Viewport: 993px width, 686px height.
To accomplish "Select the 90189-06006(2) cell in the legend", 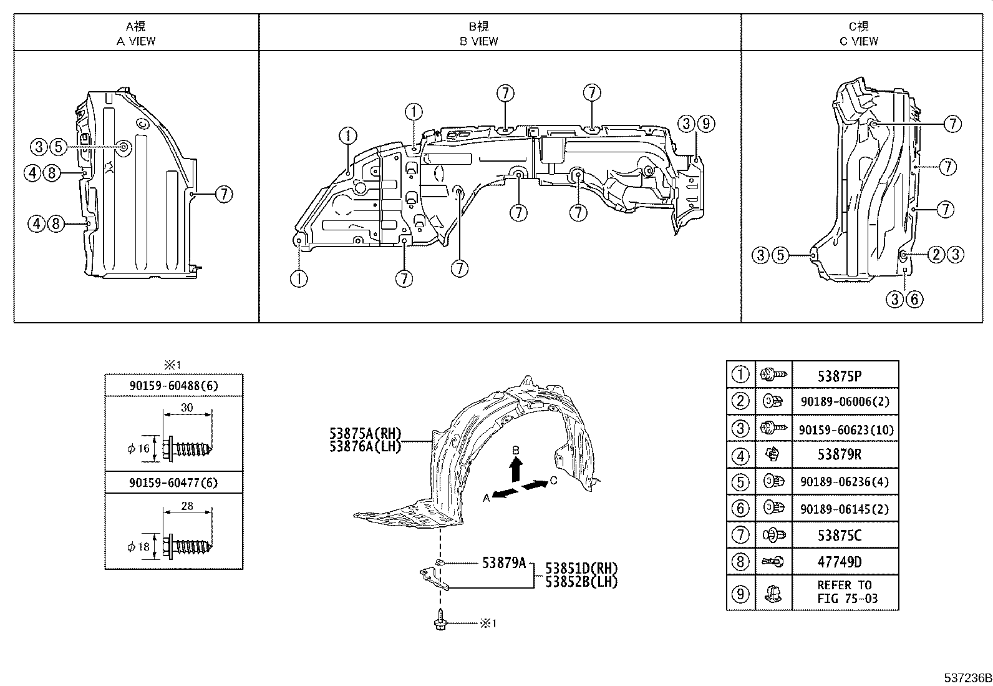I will click(845, 402).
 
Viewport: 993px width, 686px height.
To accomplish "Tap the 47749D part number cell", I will click(839, 562).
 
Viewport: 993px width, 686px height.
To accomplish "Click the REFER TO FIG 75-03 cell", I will click(845, 592).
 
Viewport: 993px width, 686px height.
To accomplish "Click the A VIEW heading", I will click(136, 41).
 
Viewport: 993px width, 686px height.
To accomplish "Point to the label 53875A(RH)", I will click(366, 434).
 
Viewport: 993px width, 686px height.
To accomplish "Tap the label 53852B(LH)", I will click(581, 582).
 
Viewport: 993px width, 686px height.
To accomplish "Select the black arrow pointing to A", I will click(505, 493).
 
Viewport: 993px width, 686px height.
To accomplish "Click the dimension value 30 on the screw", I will click(186, 408).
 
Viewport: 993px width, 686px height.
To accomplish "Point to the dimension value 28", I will click(186, 506).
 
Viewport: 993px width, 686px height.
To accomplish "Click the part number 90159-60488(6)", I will click(173, 386).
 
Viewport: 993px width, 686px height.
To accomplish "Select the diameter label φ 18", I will click(138, 547).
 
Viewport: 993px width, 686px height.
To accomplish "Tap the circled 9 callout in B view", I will click(705, 124).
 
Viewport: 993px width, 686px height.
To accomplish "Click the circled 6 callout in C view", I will click(914, 299).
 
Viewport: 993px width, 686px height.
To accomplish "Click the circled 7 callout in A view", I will click(224, 194).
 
